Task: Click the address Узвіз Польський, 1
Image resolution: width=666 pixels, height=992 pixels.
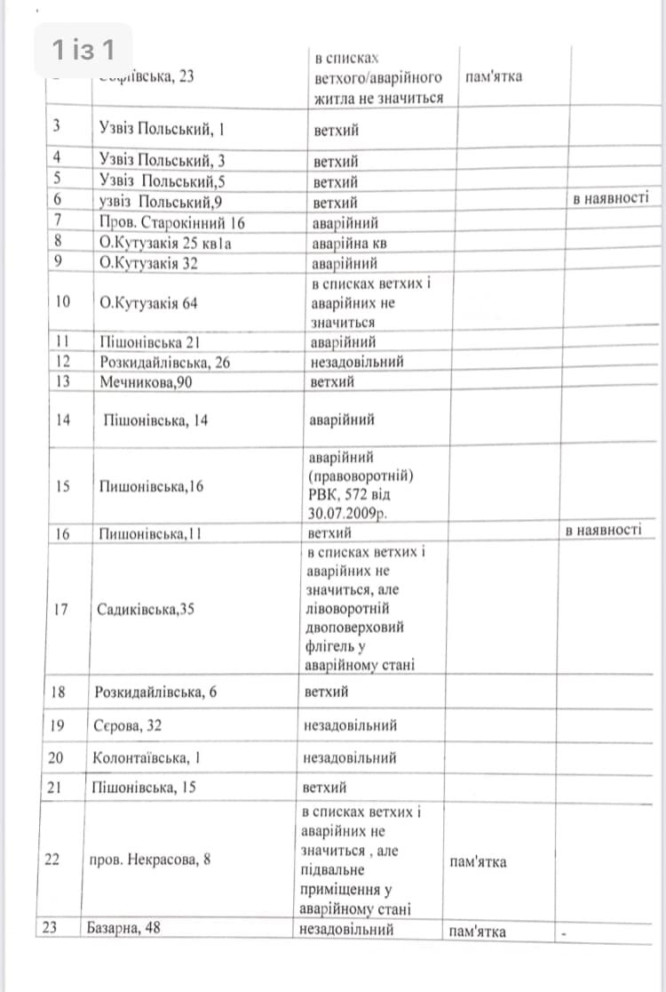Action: pyautogui.click(x=162, y=129)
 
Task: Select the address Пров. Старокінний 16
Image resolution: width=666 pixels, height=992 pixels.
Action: pyautogui.click(x=171, y=222)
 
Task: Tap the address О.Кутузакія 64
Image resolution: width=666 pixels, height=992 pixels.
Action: pyautogui.click(x=148, y=302)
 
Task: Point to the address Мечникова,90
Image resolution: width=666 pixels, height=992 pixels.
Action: pyautogui.click(x=147, y=382)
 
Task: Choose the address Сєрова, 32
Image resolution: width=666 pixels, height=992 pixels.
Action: pyautogui.click(x=127, y=725)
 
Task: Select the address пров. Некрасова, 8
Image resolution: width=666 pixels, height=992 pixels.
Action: pyautogui.click(x=150, y=860)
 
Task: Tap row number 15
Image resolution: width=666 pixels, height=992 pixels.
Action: pyautogui.click(x=62, y=486)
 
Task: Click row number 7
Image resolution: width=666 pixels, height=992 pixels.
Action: pyautogui.click(x=57, y=222)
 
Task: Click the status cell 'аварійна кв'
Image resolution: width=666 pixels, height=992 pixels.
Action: pyautogui.click(x=348, y=243)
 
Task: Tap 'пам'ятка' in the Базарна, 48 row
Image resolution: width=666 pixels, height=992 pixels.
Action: pyautogui.click(x=477, y=931)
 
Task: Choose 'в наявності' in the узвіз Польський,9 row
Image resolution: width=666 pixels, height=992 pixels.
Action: pyautogui.click(x=611, y=198)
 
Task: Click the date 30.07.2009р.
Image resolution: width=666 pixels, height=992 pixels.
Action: pyautogui.click(x=349, y=515)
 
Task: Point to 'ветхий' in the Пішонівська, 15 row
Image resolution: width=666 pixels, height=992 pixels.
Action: pyautogui.click(x=324, y=788)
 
